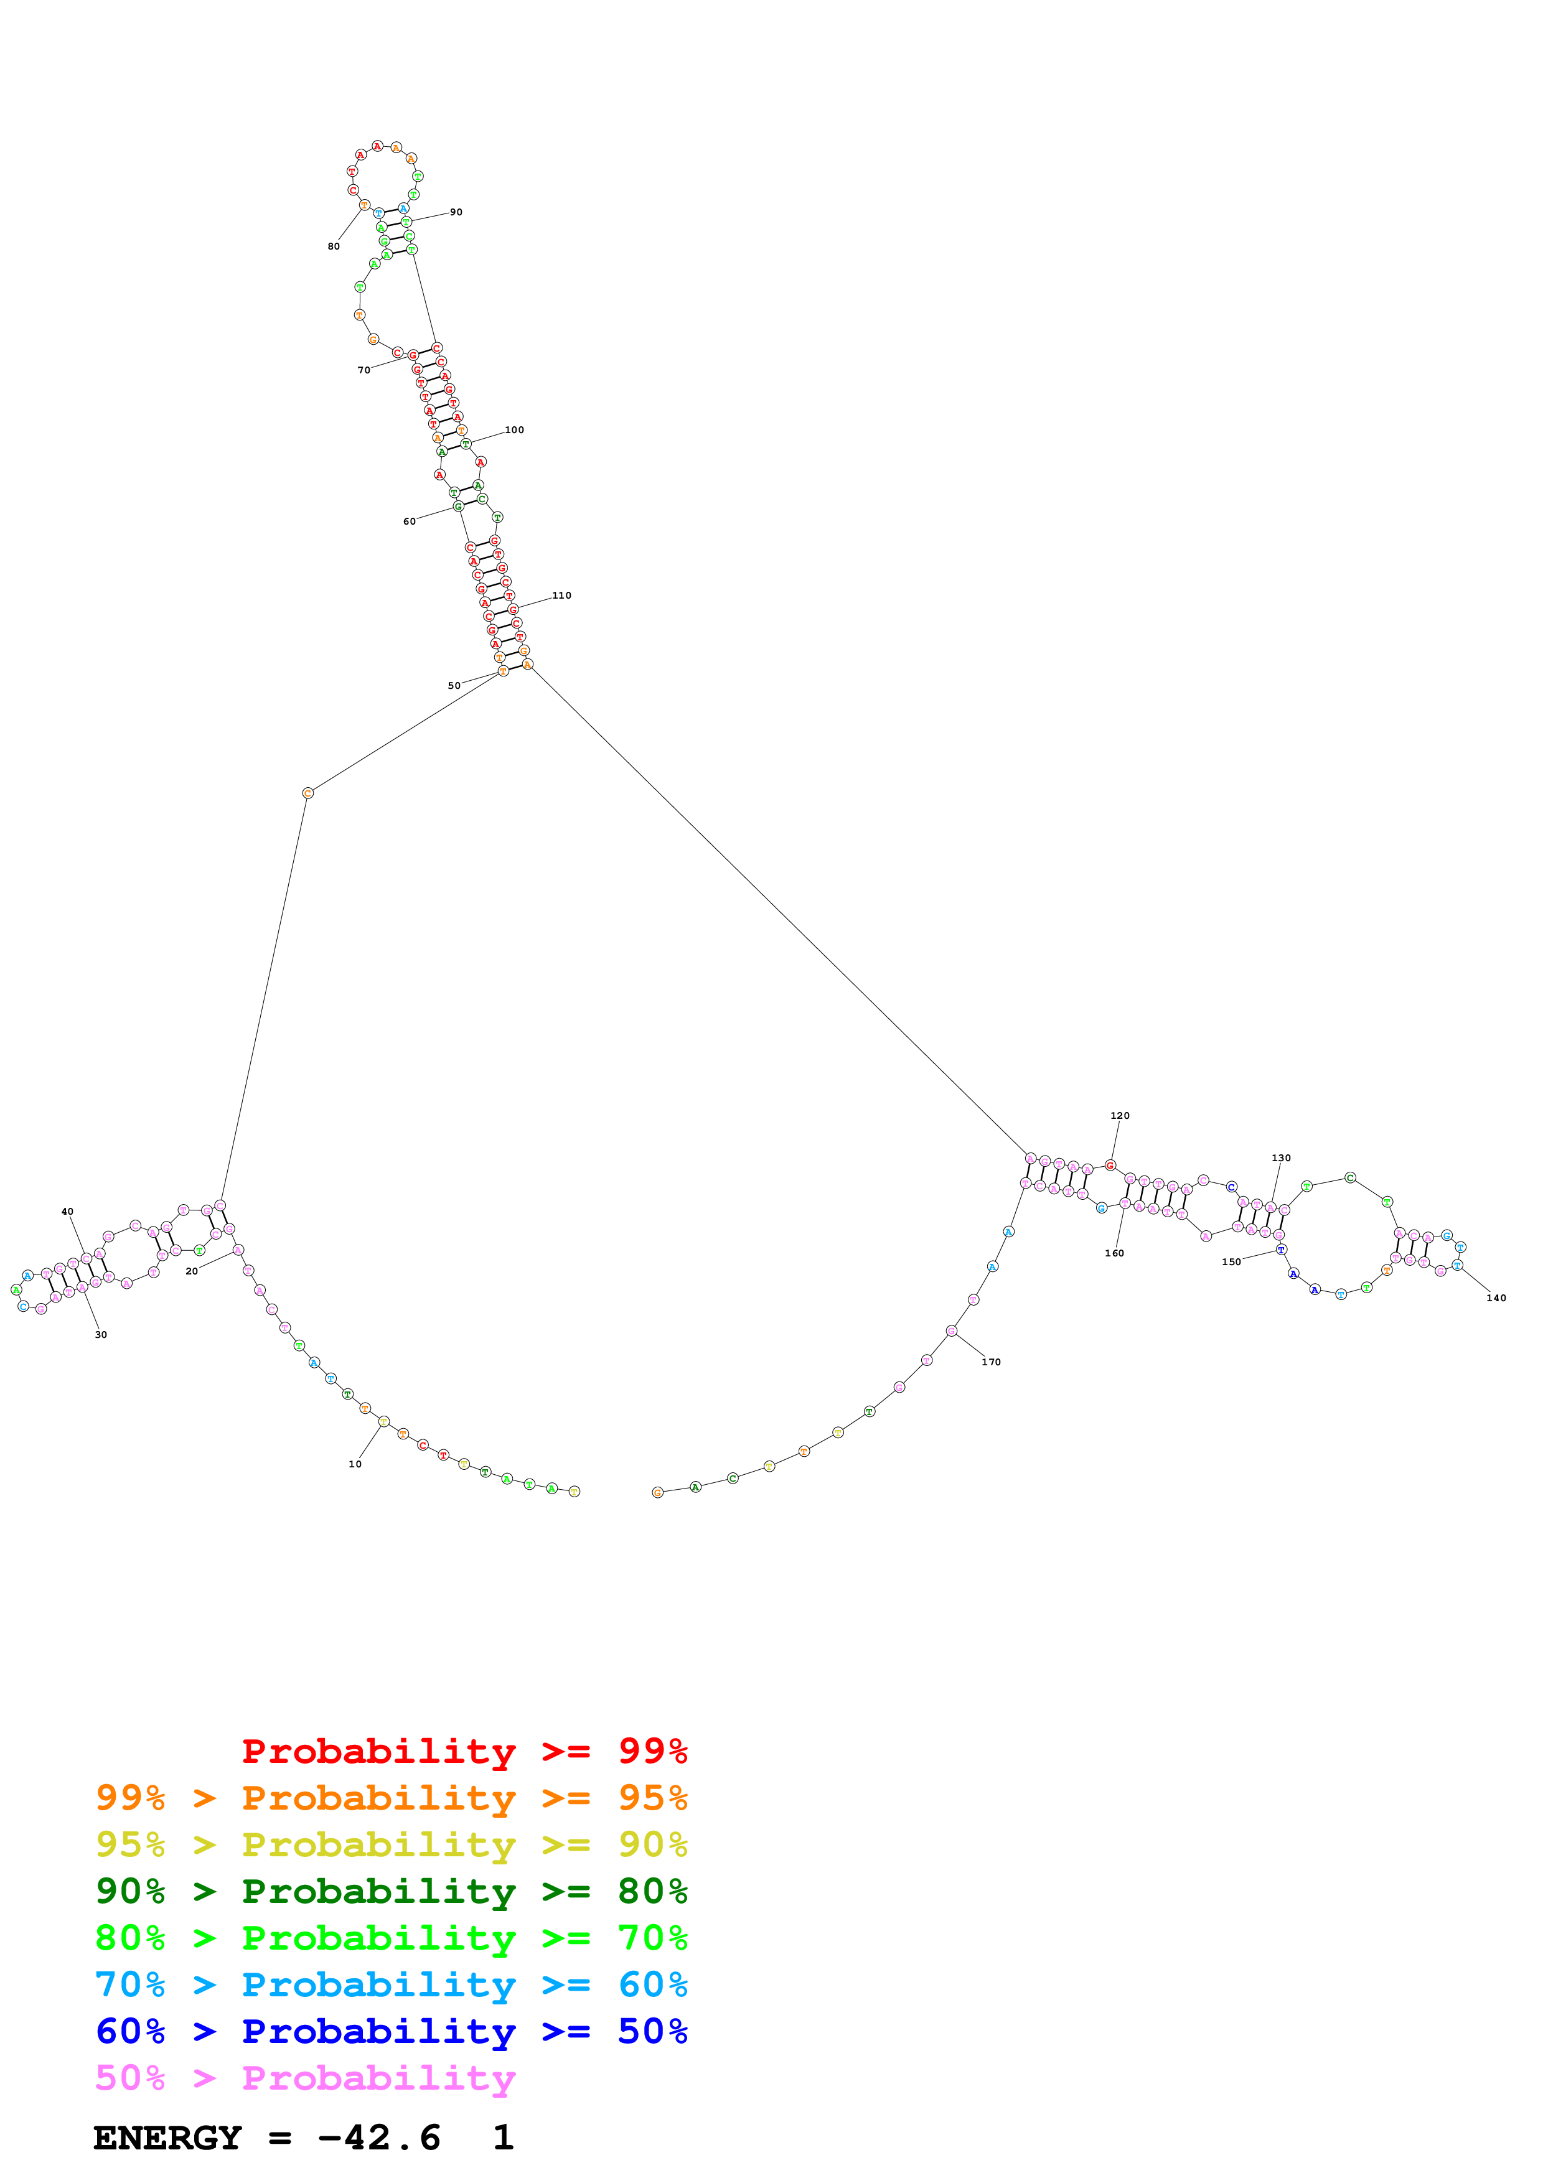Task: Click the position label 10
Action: [355, 1464]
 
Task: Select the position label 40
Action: [67, 1212]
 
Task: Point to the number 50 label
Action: [454, 686]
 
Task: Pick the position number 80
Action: [334, 246]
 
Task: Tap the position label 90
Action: [456, 212]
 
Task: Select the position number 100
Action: [514, 430]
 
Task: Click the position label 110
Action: [562, 595]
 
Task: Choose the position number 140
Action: [1496, 1298]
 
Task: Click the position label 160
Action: [1114, 1253]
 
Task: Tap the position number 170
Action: [992, 1362]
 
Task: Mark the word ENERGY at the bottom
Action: [167, 2138]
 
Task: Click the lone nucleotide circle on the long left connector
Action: [307, 793]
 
